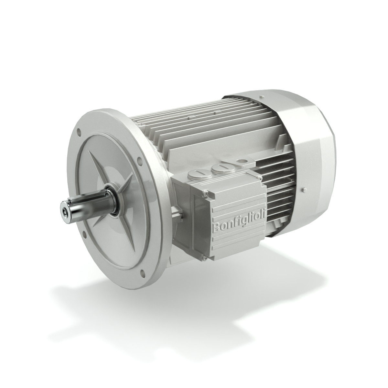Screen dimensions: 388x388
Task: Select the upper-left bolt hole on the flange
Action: (79, 132)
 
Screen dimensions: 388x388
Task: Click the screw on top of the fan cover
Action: (261, 97)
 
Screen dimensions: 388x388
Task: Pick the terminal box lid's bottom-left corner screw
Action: (203, 258)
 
